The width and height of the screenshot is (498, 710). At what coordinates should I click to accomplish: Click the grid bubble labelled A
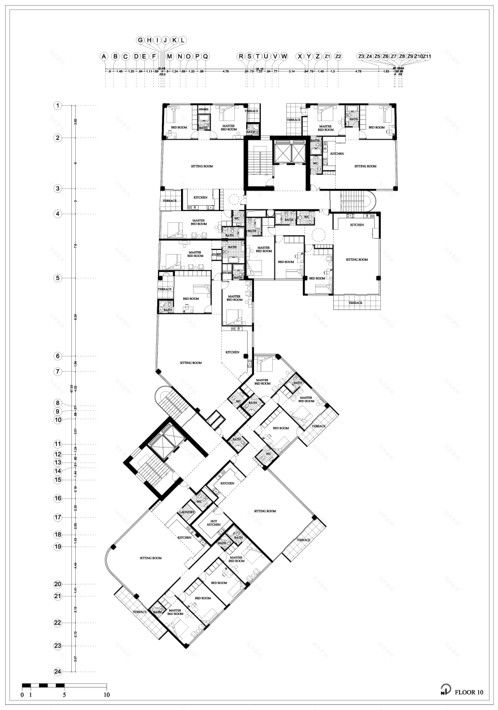coord(104,57)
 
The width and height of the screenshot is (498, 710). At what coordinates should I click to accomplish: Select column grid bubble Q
coord(206,57)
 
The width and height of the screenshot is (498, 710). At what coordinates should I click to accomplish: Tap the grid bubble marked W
coord(284,57)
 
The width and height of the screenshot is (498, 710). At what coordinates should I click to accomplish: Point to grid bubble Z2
coord(338,57)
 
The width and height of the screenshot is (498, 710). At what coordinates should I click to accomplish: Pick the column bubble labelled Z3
coord(361,57)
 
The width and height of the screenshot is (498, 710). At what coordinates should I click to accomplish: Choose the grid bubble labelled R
coord(241,57)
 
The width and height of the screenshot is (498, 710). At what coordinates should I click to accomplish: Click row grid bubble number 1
coord(57,106)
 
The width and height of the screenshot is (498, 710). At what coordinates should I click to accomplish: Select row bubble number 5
coord(57,278)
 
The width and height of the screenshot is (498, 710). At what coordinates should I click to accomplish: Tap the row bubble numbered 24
coord(57,672)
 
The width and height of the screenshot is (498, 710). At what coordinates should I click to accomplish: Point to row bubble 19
coord(57,547)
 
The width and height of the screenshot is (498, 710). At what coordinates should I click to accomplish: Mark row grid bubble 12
coord(57,454)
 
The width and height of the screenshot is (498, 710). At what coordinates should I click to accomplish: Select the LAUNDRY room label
coord(187,512)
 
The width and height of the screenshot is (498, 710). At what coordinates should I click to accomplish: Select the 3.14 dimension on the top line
coord(292,72)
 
